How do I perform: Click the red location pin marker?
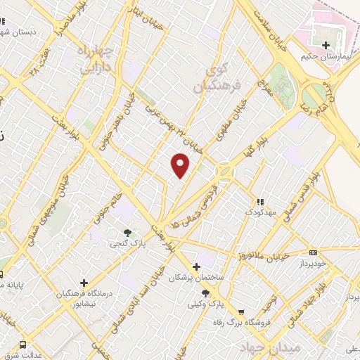click(x=181, y=165)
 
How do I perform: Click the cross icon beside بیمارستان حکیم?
click(x=325, y=45)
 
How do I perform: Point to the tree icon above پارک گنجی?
click(x=127, y=233)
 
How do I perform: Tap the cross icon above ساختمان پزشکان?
click(x=196, y=266)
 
